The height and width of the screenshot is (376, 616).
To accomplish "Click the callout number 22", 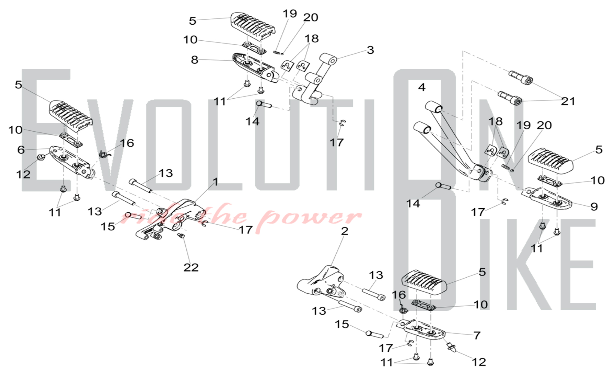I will tap(191, 267).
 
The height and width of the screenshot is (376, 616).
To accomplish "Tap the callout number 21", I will tap(568, 101).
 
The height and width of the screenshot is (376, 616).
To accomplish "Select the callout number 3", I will tap(370, 50).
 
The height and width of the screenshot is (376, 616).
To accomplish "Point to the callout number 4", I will tap(422, 87).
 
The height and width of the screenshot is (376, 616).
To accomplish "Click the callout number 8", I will tap(194, 60).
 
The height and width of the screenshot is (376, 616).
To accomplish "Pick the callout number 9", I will tap(594, 206).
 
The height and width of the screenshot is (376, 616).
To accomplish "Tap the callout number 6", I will tap(21, 150).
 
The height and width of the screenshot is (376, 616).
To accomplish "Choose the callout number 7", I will tap(477, 335).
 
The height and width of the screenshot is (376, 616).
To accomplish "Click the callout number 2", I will tap(345, 231).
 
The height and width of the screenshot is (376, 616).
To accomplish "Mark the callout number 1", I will tap(216, 182).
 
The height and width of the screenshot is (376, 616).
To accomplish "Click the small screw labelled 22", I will tap(181, 236).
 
